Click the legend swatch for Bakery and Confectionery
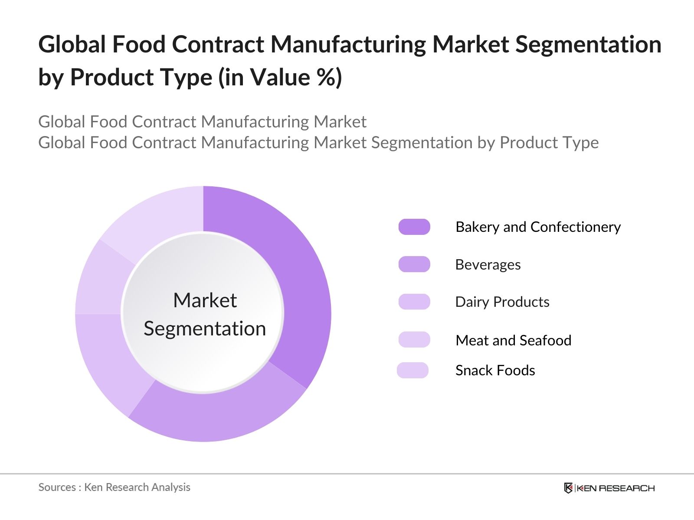tap(414, 227)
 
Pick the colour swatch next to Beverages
tap(414, 264)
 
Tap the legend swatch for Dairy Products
tap(414, 302)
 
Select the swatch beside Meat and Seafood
tap(414, 340)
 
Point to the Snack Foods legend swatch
tap(412, 370)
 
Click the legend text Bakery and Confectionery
tap(538, 227)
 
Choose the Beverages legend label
tap(488, 264)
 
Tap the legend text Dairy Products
tap(502, 302)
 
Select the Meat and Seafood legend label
tap(513, 340)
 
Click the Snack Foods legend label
tap(495, 370)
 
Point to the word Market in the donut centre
tap(205, 300)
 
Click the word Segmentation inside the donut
tap(205, 328)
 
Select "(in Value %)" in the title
tap(280, 77)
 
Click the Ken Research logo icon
tap(568, 488)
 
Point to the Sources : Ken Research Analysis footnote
tap(114, 487)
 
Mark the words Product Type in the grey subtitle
tap(549, 142)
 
